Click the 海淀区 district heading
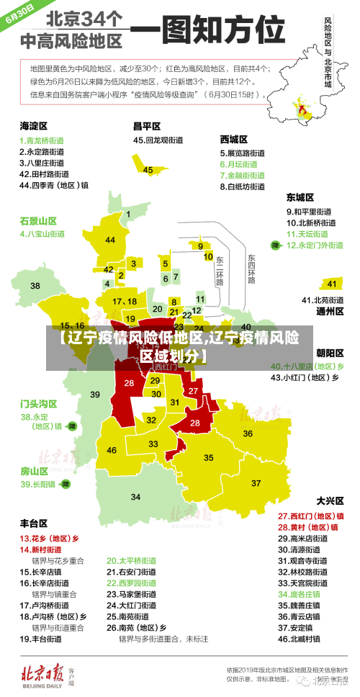[x=33, y=125]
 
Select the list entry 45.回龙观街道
[x=157, y=140]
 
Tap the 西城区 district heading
[x=234, y=139]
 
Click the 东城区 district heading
[x=300, y=197]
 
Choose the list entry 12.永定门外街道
[x=315, y=245]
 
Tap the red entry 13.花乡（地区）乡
[x=49, y=538]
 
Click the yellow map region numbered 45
[x=148, y=169]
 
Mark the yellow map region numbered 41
[x=331, y=284]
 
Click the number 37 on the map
[x=256, y=482]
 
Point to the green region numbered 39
[x=95, y=394]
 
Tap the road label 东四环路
[x=251, y=268]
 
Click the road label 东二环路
[x=220, y=269]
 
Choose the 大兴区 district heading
[x=330, y=500]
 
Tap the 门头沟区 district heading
[x=38, y=403]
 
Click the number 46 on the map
[x=112, y=450]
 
